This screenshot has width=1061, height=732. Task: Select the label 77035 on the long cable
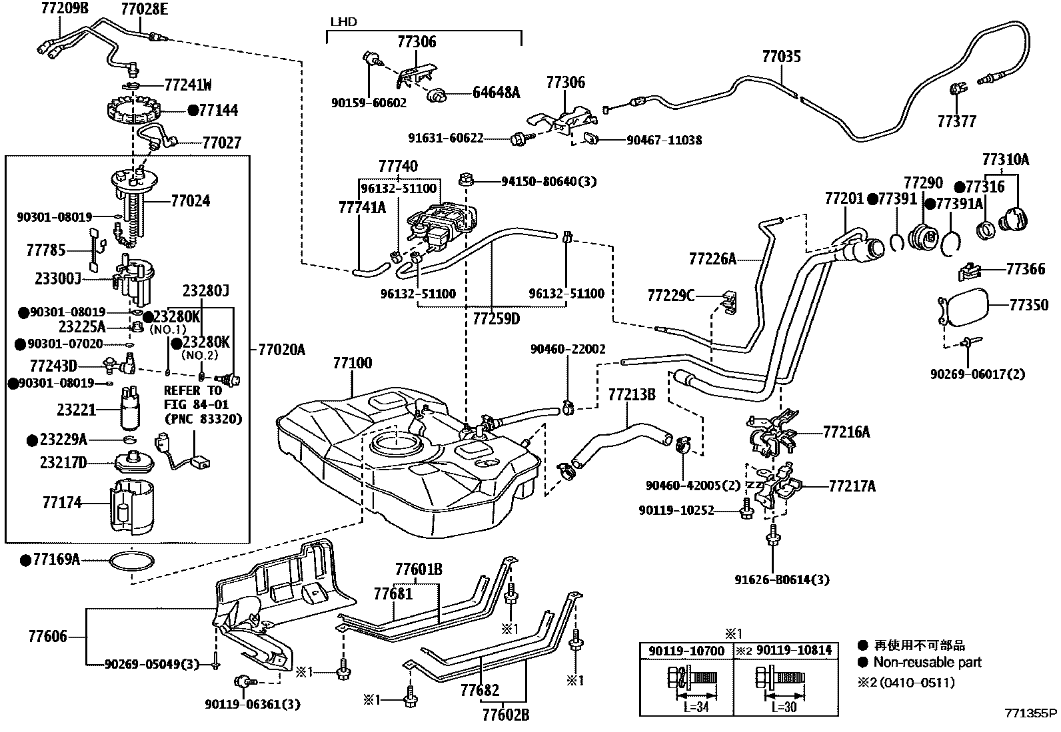pyautogui.click(x=781, y=57)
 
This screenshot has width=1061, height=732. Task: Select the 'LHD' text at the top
pyautogui.click(x=343, y=22)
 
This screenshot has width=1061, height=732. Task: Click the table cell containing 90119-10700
pyautogui.click(x=686, y=650)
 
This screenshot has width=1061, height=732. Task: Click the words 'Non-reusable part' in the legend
pyautogui.click(x=927, y=663)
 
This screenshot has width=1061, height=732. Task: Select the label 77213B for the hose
pyautogui.click(x=631, y=395)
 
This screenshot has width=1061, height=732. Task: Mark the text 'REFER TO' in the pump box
pyautogui.click(x=193, y=391)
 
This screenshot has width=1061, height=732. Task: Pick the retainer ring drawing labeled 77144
pyautogui.click(x=135, y=111)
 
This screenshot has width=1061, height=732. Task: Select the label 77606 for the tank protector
pyautogui.click(x=47, y=637)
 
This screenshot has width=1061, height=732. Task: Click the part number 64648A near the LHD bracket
pyautogui.click(x=496, y=93)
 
